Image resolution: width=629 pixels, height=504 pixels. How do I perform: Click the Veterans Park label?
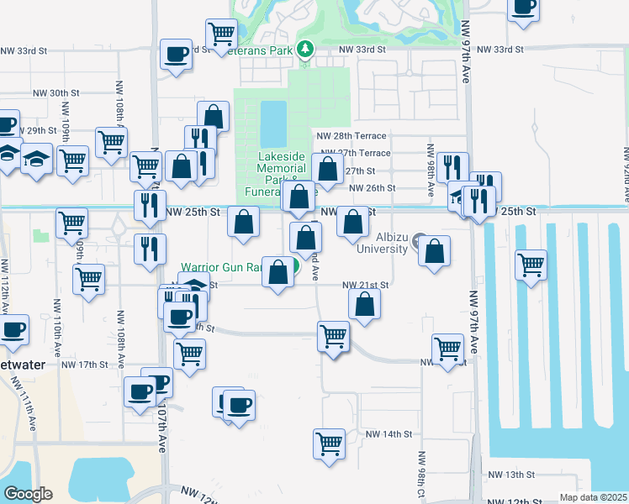pos(262,50)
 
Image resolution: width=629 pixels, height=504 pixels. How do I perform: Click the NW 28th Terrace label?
pos(351,136)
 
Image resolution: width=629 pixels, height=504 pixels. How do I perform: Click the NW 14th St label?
pos(389,434)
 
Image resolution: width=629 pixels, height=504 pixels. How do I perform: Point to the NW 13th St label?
pos(527,475)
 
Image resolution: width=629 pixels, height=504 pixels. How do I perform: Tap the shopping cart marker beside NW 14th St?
pos(330,443)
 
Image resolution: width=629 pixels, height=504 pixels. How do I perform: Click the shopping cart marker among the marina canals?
pos(531,265)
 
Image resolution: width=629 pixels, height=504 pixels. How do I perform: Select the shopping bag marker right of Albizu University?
pos(434,254)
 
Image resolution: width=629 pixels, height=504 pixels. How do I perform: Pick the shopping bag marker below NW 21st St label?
pos(364,304)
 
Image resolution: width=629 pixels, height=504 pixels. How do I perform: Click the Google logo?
pos(28,494)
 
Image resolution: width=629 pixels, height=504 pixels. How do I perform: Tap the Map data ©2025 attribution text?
pos(592,497)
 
